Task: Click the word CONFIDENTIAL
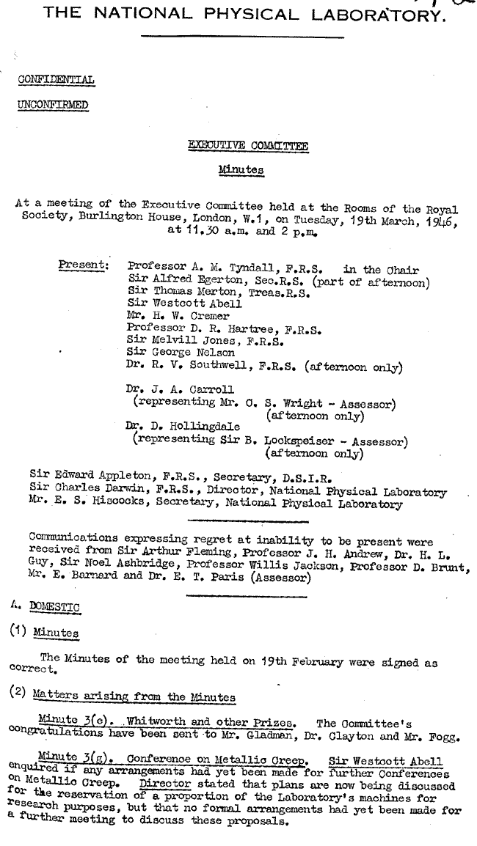[57, 80]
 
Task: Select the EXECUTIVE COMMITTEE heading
[249, 146]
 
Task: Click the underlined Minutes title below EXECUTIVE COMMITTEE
[241, 170]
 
